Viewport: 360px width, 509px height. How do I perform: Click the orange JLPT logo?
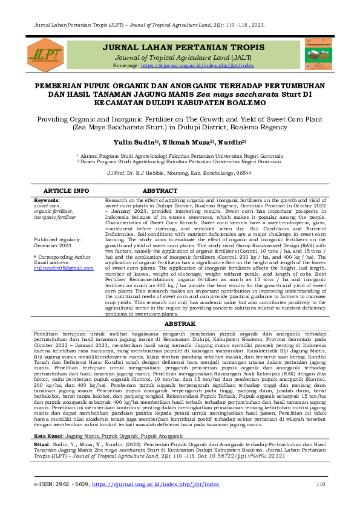coord(45,53)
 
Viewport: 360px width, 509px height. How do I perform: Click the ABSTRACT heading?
coord(159,190)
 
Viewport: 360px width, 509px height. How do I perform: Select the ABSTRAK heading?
coord(180,323)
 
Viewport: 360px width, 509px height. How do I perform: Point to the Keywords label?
coord(46,199)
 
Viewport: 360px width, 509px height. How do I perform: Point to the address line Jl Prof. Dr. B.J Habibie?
coord(179,173)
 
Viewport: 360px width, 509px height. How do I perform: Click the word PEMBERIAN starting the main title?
coord(59,86)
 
